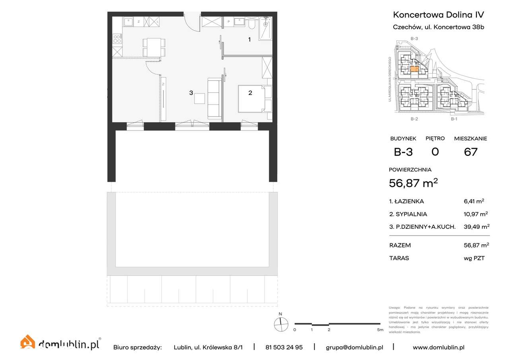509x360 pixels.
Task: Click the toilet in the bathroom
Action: point(251,25)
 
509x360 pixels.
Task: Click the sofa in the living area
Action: point(214,98)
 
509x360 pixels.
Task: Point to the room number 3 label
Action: point(191,93)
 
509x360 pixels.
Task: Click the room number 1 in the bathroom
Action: point(249,39)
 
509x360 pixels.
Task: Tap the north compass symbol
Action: point(280,325)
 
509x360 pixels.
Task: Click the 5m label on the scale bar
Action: point(380,330)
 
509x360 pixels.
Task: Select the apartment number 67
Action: point(470,152)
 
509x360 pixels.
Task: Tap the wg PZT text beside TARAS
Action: point(474,258)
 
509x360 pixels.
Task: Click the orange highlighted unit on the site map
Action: point(414,69)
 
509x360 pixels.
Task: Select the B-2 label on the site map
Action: point(414,119)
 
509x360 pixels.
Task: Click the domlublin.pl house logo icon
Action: point(28,342)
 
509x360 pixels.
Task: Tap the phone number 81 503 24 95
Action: point(284,347)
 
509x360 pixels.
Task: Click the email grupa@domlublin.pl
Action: point(354,347)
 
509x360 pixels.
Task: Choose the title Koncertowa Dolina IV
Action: point(438,15)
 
